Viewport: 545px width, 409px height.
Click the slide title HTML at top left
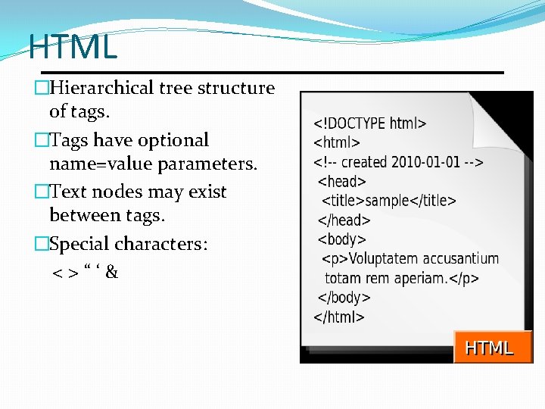(x=73, y=47)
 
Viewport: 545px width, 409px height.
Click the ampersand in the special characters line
(x=111, y=272)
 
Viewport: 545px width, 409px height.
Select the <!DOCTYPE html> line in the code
(x=370, y=123)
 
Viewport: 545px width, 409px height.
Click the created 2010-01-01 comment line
(x=398, y=161)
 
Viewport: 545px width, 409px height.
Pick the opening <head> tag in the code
(x=342, y=181)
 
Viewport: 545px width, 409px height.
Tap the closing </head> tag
(x=344, y=220)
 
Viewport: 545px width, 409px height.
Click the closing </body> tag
(x=344, y=298)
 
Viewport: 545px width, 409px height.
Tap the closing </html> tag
(x=339, y=317)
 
